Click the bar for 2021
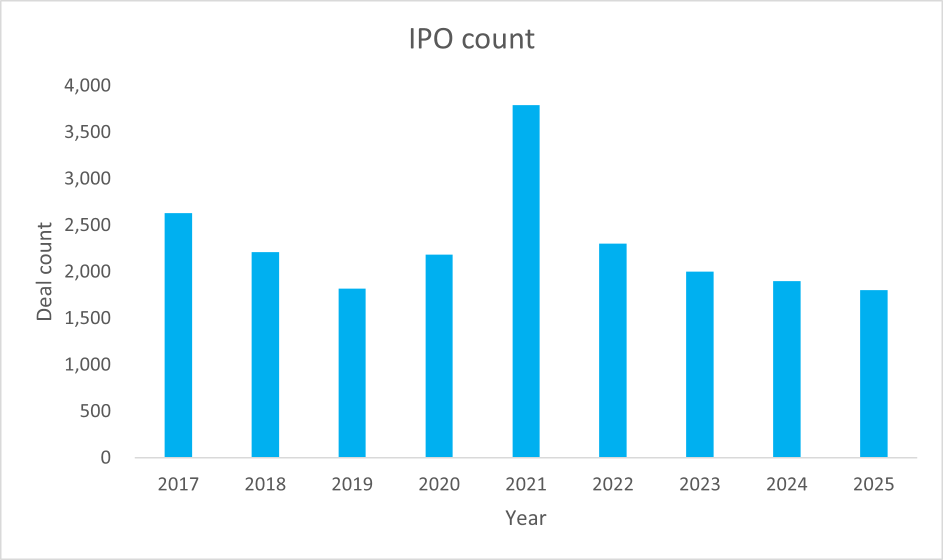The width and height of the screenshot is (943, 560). click(526, 281)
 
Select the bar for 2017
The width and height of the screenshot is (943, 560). click(178, 335)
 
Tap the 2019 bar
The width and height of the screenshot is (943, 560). click(352, 372)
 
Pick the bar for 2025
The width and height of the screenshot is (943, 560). click(873, 373)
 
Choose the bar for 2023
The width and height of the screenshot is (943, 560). click(699, 364)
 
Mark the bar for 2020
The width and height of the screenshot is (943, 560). click(439, 355)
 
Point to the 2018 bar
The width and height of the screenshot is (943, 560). click(265, 354)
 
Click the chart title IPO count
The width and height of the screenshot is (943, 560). click(471, 38)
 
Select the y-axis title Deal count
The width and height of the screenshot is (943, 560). click(44, 271)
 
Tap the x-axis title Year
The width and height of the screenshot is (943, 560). click(525, 518)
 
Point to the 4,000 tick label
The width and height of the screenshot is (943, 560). click(87, 85)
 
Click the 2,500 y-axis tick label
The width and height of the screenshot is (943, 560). click(87, 225)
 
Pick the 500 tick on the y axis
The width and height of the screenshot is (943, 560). click(95, 411)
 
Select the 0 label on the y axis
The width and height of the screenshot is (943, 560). click(105, 457)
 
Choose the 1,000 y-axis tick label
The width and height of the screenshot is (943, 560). click(87, 364)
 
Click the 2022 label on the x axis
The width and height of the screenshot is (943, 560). click(612, 484)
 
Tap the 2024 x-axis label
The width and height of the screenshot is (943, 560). click(786, 484)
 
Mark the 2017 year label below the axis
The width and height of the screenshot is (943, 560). click(178, 484)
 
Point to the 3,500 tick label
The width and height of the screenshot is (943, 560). click(87, 132)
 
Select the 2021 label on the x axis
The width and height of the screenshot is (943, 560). click(526, 484)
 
